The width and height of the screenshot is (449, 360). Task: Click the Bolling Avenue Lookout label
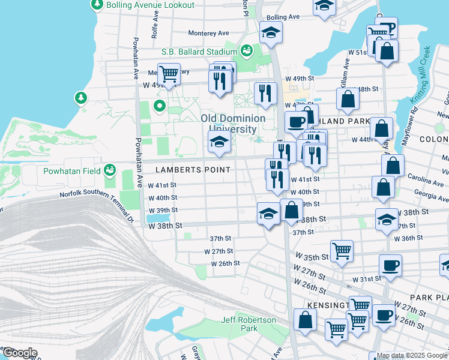point(151,5)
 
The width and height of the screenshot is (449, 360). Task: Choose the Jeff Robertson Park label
point(249,324)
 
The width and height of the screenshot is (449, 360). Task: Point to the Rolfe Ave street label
point(155,27)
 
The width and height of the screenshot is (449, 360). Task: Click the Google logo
point(19,353)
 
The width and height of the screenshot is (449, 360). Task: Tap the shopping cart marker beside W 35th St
point(342,251)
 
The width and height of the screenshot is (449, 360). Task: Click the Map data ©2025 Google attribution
point(412,356)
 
